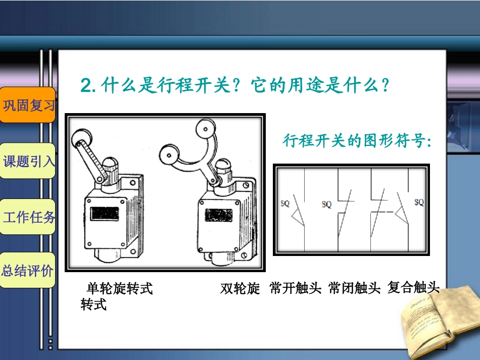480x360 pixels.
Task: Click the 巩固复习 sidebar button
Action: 28,105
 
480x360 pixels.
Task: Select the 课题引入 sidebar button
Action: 28,161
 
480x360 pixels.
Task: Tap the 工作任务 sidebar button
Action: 28,217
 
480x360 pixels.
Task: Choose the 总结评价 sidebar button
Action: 28,270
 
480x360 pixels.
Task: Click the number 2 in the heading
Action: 86,85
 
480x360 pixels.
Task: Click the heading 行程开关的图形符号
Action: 357,141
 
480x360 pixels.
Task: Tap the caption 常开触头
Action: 296,288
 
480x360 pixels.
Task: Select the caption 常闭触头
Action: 354,288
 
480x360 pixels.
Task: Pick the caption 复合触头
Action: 413,288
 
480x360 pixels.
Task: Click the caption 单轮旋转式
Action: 120,289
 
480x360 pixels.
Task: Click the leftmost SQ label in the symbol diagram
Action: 285,203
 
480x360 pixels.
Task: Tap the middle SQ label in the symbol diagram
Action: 326,204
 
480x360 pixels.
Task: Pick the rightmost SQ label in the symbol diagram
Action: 419,202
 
